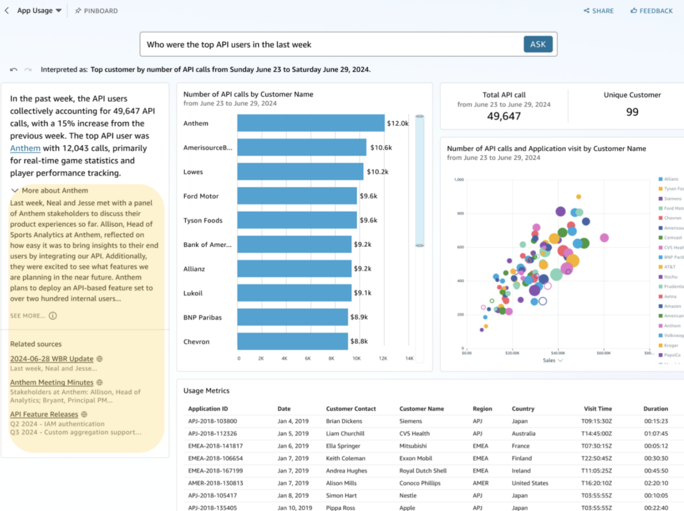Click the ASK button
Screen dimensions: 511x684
coord(538,44)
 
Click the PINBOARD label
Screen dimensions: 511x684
coord(96,10)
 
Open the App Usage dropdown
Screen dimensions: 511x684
coord(39,10)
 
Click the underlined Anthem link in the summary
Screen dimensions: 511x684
coord(25,148)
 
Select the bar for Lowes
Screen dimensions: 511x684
coord(300,172)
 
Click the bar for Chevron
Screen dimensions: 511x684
coord(292,342)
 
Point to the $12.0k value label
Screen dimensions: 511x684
coord(397,123)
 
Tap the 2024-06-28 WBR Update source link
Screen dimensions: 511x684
coord(52,359)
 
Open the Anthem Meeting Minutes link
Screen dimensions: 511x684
coord(52,382)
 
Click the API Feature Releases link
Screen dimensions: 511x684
coord(44,414)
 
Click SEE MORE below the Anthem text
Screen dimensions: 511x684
coord(28,316)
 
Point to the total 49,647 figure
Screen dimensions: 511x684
coord(504,116)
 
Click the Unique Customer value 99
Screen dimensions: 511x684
coord(632,112)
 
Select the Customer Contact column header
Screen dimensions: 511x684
coord(351,409)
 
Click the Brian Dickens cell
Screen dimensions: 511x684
coord(344,421)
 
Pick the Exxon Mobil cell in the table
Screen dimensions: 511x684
coord(415,459)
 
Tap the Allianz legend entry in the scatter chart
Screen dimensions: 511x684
coord(671,179)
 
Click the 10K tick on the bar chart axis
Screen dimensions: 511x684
coord(357,358)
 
